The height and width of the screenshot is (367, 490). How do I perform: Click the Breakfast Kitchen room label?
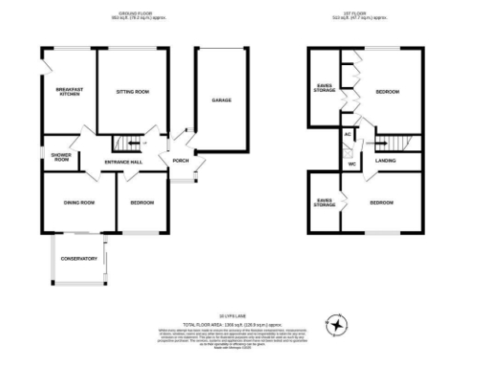69,92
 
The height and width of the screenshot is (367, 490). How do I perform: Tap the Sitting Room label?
133,92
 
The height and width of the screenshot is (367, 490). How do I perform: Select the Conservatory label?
78,259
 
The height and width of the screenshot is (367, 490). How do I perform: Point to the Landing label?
386,161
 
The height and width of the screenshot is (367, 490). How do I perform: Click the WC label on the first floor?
351,164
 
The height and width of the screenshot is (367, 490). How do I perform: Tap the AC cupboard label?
348,135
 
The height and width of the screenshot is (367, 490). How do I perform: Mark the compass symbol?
337,327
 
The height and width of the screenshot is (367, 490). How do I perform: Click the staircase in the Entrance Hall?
128,144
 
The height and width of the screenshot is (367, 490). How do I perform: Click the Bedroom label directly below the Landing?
382,203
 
